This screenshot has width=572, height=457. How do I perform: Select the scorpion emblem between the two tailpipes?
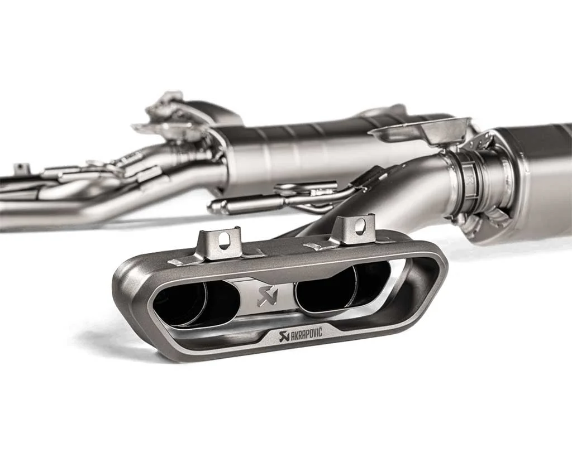coord(268,296)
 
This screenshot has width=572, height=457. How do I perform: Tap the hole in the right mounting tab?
coord(361,224)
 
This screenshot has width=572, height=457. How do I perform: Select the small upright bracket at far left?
coord(21,170)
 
